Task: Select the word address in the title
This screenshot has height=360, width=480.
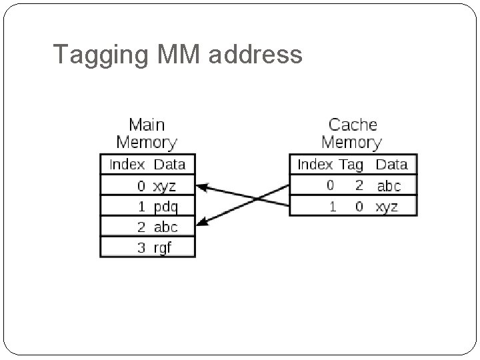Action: (x=256, y=54)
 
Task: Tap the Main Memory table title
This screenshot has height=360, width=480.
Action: (x=147, y=133)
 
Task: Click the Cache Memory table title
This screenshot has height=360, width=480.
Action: (x=352, y=133)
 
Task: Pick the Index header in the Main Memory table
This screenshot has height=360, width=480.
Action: (x=127, y=164)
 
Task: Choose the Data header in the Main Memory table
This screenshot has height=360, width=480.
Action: (x=169, y=164)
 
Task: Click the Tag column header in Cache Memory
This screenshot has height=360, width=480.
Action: (x=351, y=164)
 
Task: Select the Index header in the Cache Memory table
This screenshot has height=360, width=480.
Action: (x=315, y=164)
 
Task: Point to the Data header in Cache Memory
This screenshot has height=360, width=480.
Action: (x=391, y=164)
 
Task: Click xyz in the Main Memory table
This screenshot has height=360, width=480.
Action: (x=165, y=185)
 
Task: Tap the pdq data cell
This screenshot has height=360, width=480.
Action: (x=165, y=206)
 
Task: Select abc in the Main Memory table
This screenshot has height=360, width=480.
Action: (x=165, y=227)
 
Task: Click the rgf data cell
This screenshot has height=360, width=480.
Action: (x=163, y=247)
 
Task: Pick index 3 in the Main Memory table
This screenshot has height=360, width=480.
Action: (x=141, y=247)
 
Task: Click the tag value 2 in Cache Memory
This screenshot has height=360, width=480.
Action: (x=359, y=185)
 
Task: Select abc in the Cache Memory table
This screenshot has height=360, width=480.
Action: (x=389, y=185)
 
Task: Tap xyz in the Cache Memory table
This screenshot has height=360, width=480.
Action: (x=387, y=207)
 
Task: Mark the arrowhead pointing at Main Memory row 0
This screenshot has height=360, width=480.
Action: (x=202, y=187)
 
